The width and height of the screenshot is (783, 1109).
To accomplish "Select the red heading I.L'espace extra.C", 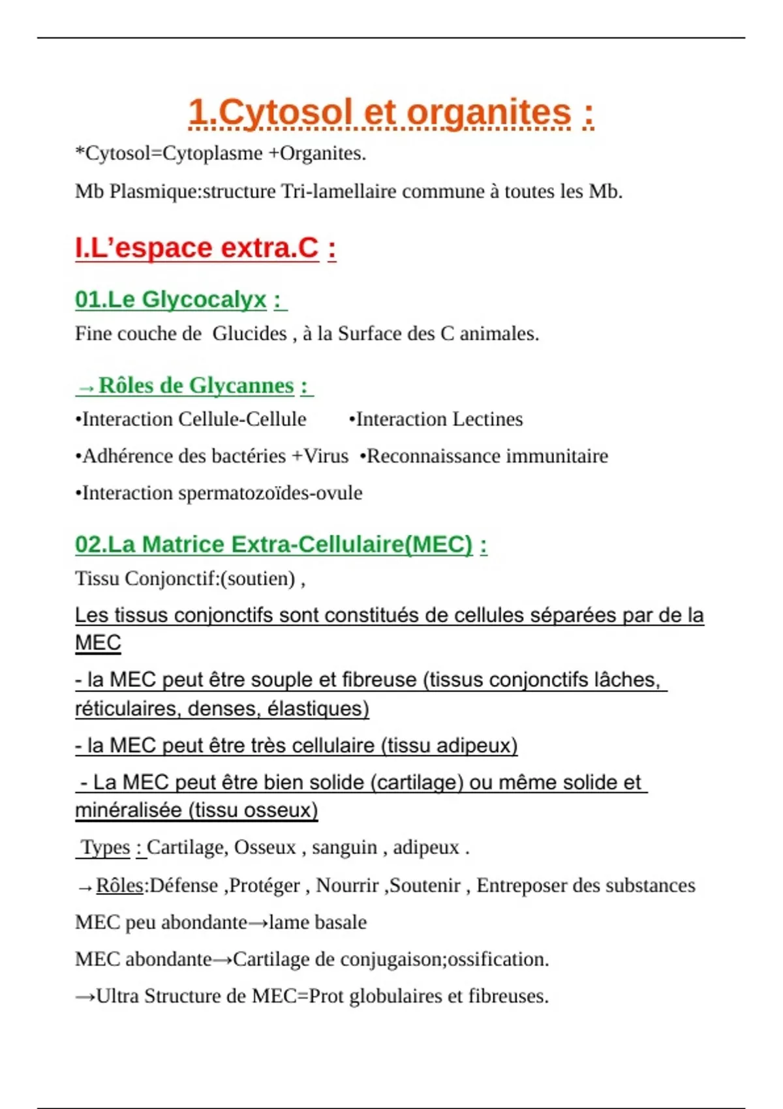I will click(197, 248).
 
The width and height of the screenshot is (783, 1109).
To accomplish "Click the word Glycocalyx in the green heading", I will click(204, 299).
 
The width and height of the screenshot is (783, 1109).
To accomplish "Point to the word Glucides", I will click(249, 334).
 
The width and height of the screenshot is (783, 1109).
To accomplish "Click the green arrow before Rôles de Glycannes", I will click(85, 387).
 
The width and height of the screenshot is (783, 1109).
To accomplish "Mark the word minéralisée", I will click(129, 810).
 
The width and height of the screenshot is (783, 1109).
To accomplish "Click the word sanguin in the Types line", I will click(345, 847).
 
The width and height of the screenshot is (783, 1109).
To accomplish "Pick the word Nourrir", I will click(347, 886).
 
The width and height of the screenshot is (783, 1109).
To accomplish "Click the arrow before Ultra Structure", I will click(85, 997).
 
